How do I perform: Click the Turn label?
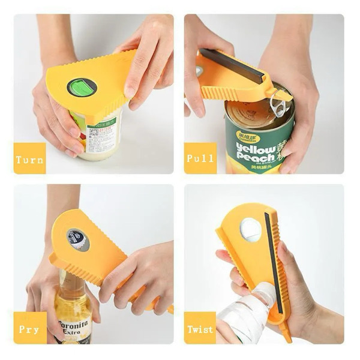click(x=29, y=159)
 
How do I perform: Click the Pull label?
click(x=200, y=159)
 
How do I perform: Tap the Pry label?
click(x=29, y=329)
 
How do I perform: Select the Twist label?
click(x=200, y=329)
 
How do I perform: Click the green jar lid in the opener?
click(x=82, y=88)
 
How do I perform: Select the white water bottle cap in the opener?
click(x=251, y=230)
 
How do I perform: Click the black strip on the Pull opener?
click(x=232, y=65)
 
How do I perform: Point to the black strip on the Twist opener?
click(x=274, y=270)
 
